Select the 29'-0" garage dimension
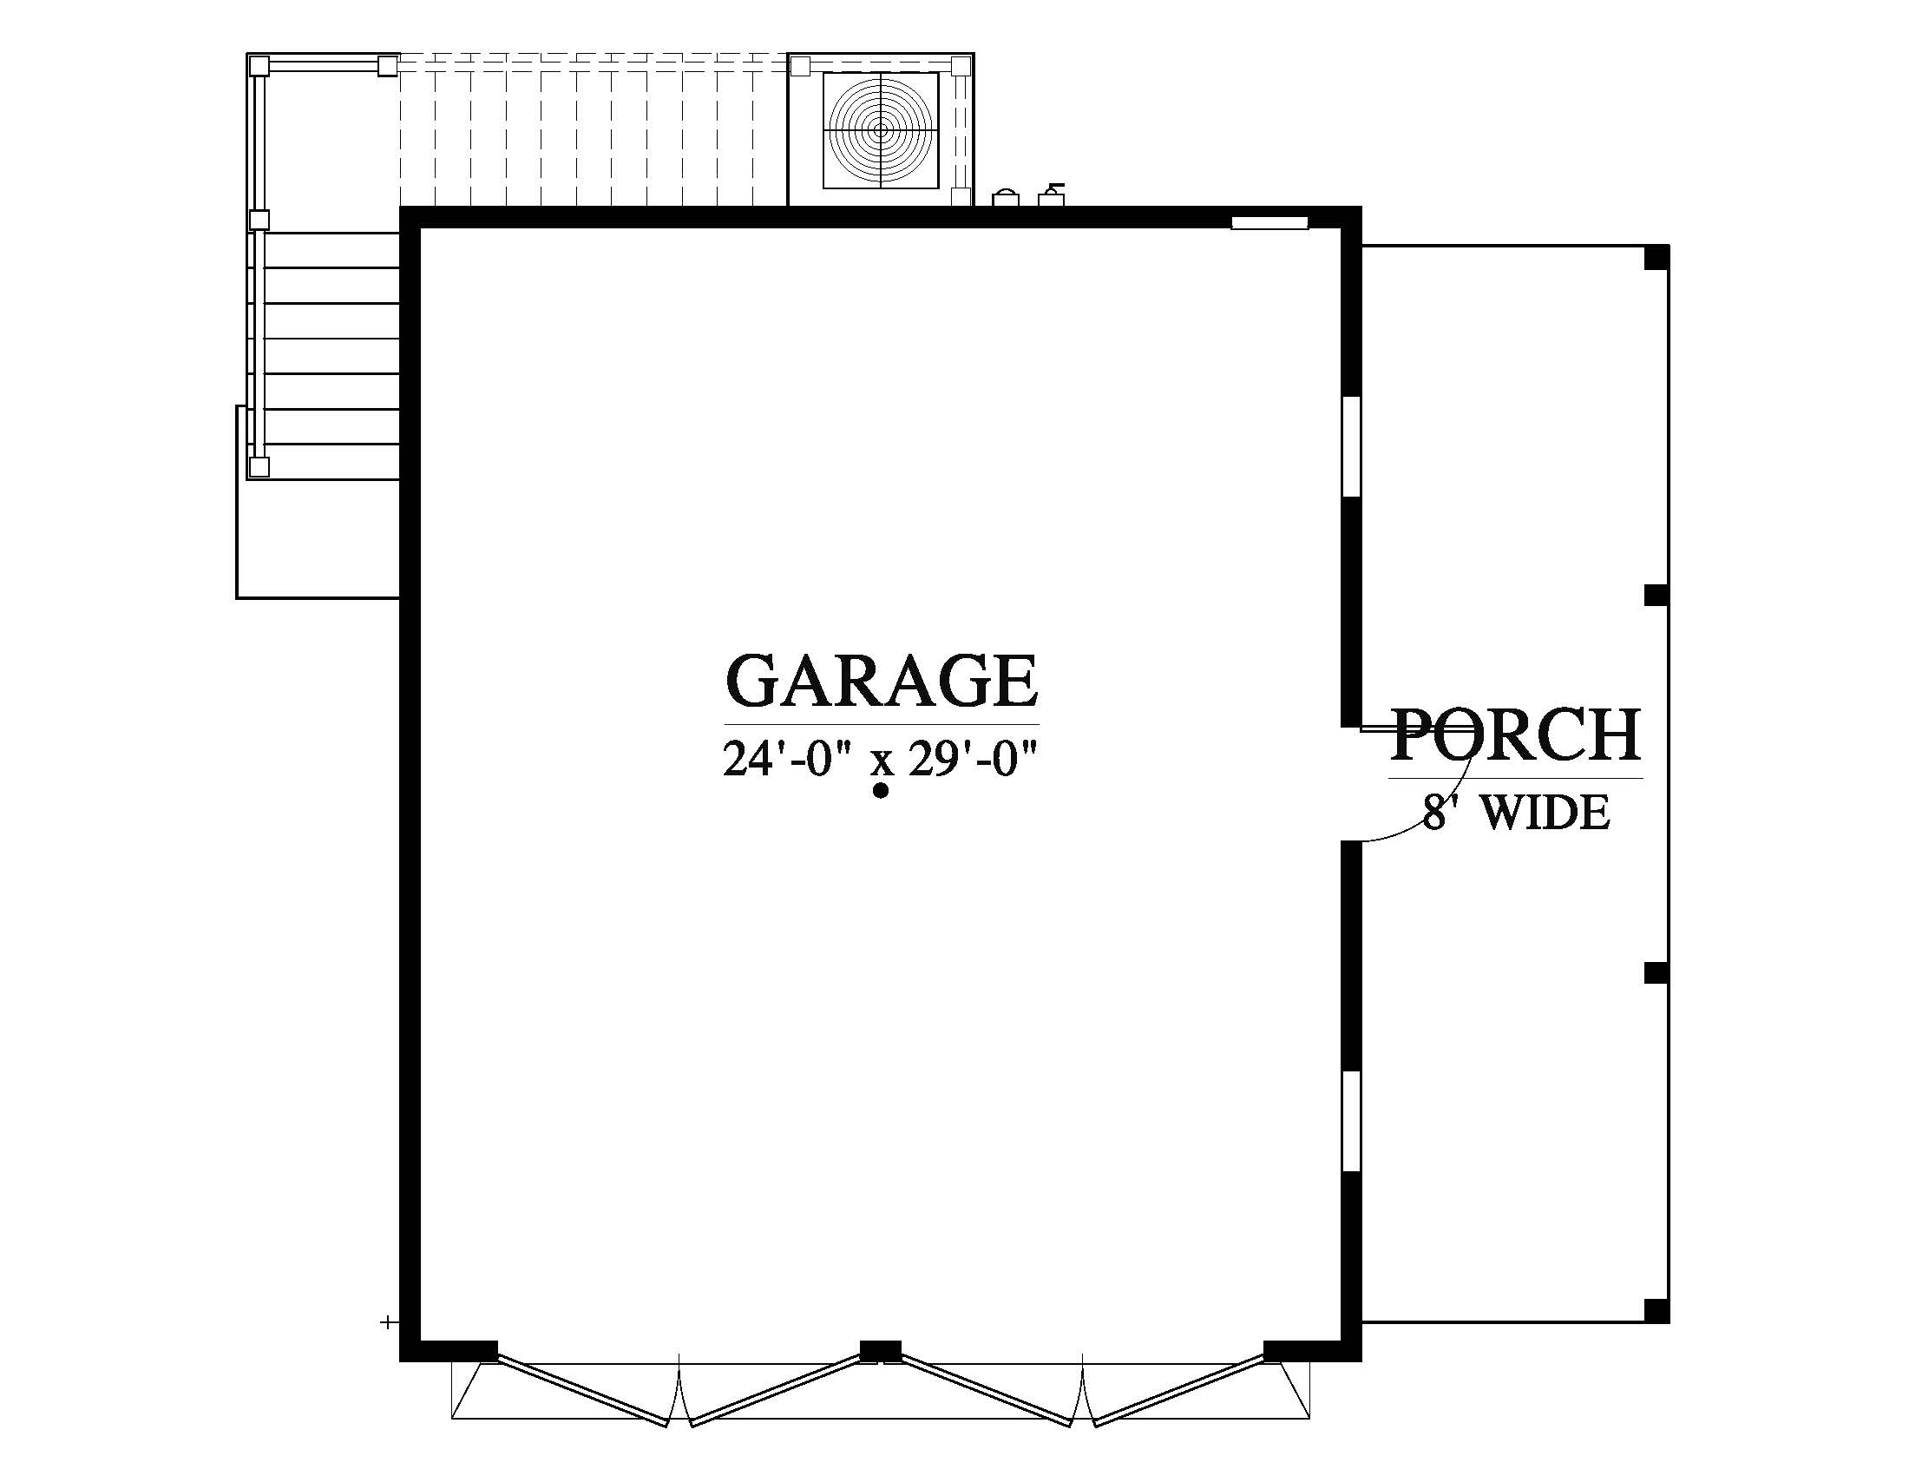972,759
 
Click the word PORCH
1516,735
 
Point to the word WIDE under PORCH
1548,814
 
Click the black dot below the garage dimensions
881,791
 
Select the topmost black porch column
1656,258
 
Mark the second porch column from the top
1656,596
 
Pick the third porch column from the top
1656,973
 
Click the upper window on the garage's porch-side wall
1351,447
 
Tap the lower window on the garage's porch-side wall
1351,1121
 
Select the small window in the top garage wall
1269,222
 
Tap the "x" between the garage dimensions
881,763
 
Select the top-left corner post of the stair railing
259,66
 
